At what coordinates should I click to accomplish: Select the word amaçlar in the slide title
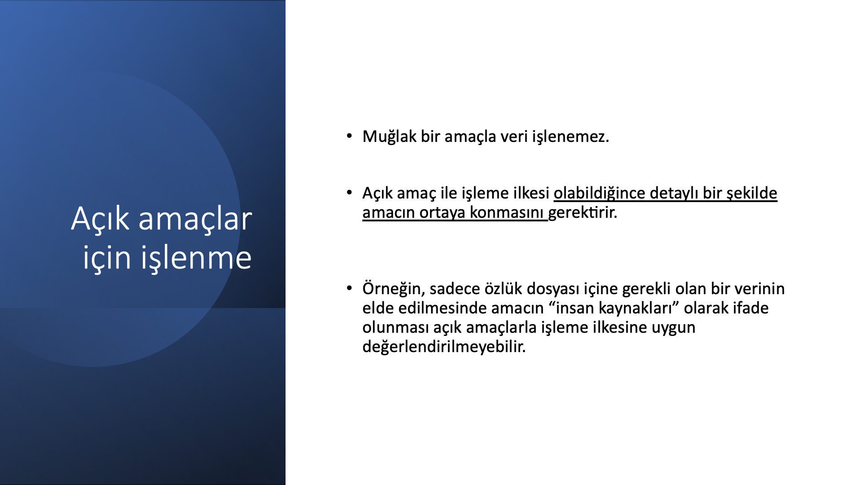(195, 219)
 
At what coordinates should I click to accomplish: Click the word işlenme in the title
(196, 258)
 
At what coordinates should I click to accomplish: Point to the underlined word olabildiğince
(599, 193)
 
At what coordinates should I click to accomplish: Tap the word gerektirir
(583, 212)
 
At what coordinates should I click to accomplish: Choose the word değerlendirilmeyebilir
(444, 347)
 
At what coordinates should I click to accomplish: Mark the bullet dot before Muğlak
(349, 135)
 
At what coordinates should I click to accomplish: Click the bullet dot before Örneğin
(349, 287)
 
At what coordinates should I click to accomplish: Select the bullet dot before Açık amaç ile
(349, 192)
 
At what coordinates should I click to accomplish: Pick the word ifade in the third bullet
(751, 308)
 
